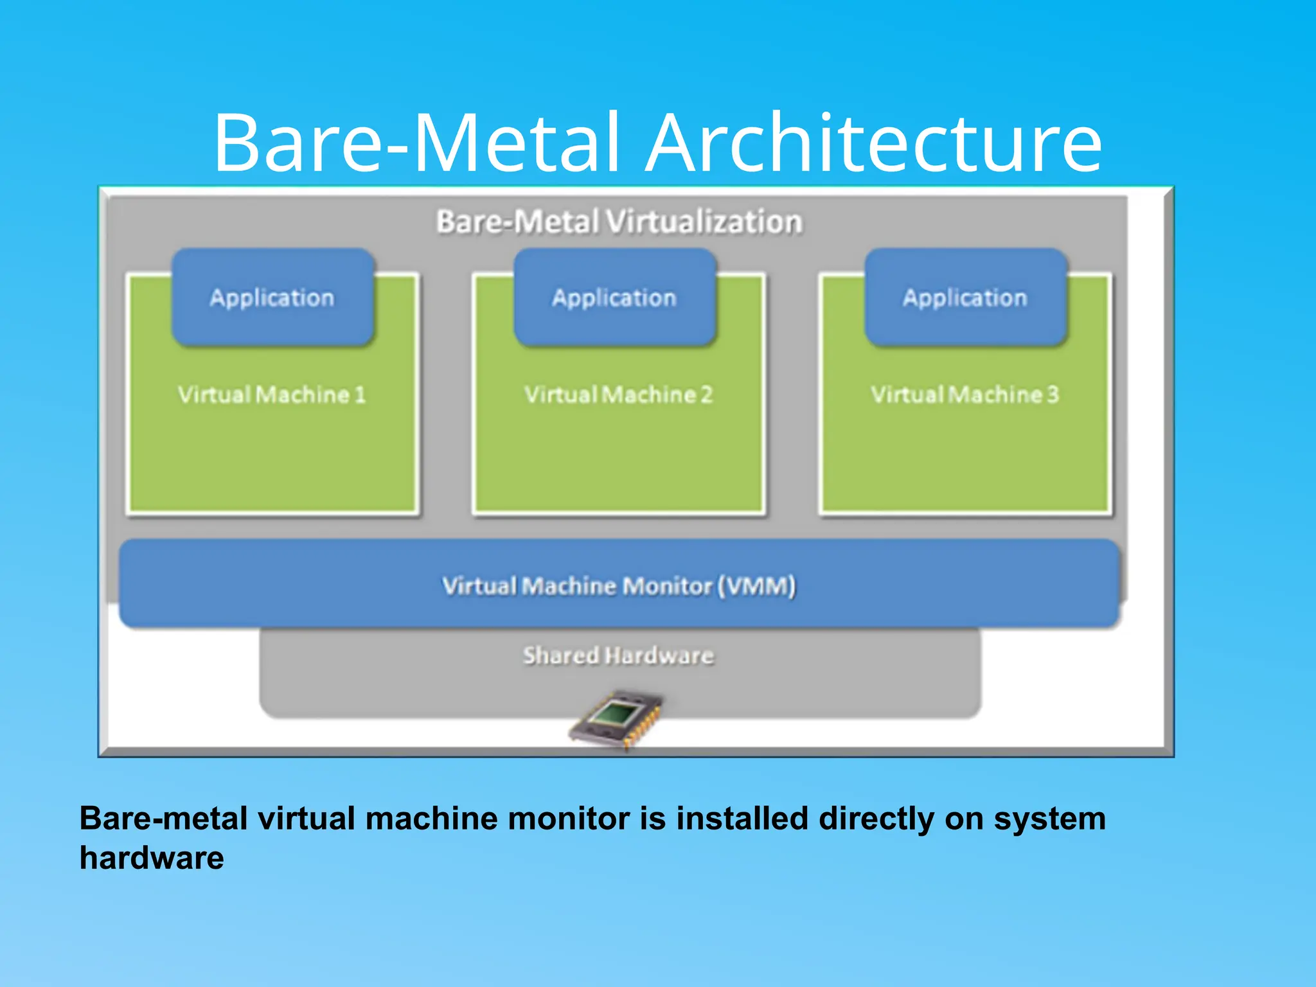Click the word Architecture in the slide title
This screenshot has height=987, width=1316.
[874, 143]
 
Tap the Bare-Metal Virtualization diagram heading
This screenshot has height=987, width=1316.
[619, 222]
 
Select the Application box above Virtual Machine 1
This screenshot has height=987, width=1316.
[272, 298]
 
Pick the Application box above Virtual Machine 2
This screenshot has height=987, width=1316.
[615, 298]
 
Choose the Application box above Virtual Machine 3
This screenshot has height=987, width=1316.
[965, 298]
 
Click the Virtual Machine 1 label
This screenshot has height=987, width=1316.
[272, 394]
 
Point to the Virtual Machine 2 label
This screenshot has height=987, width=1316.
[619, 394]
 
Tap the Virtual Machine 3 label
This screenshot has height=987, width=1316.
[965, 394]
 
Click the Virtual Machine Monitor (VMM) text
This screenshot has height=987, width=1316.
[619, 585]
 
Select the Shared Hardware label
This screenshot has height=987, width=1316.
[618, 655]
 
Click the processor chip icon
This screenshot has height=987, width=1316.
[616, 720]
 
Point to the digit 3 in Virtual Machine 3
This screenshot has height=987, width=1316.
[1052, 394]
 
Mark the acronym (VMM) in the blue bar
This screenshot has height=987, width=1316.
[756, 585]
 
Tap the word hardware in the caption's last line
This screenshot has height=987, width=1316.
[152, 858]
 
